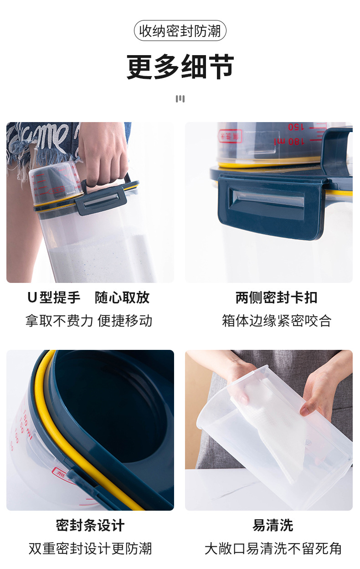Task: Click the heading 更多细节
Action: click(180, 67)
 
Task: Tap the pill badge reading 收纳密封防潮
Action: click(180, 31)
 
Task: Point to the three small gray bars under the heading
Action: click(180, 99)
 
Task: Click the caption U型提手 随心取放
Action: click(88, 297)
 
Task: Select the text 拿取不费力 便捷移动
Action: click(88, 321)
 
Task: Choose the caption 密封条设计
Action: click(90, 525)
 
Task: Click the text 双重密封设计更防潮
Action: click(90, 548)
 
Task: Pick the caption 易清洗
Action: click(273, 525)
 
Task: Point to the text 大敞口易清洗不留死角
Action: click(273, 548)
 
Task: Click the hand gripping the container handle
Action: click(103, 155)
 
